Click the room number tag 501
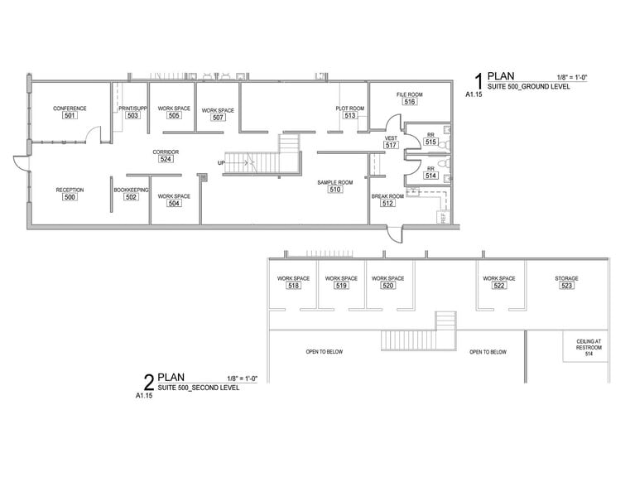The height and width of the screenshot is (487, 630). [x=70, y=116]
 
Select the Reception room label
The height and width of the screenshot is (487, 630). [x=70, y=190]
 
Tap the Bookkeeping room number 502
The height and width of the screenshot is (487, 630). [x=131, y=197]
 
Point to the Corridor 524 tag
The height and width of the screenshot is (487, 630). [x=166, y=159]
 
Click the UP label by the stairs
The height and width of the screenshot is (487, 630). [x=221, y=162]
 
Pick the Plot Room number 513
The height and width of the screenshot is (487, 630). [x=350, y=116]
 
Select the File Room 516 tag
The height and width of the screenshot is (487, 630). [x=409, y=102]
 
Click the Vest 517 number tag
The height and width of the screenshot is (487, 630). [x=392, y=145]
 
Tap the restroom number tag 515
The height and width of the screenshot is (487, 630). [x=430, y=142]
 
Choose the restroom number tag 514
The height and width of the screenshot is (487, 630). [x=430, y=176]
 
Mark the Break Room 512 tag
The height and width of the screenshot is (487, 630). [x=387, y=203]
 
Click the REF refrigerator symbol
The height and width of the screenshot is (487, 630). [x=443, y=218]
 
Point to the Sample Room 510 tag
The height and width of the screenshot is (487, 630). [x=334, y=189]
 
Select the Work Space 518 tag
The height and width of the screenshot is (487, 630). [x=293, y=286]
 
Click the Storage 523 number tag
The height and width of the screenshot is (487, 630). [x=566, y=286]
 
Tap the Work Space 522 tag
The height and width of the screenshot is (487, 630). [x=498, y=286]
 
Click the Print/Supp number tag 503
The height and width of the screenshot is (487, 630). [x=132, y=116]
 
